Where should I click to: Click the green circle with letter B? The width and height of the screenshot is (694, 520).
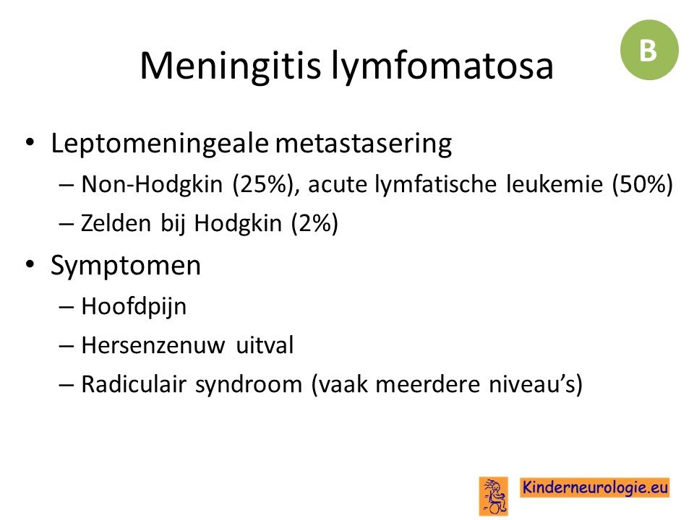click(649, 50)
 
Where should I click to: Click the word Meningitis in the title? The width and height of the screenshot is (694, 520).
click(230, 66)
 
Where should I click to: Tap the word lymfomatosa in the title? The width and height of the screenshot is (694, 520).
click(442, 66)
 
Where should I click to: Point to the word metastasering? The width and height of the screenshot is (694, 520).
click(364, 144)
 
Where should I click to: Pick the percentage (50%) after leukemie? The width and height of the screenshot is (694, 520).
click(642, 184)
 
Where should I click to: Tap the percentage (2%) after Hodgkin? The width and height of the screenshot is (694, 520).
click(314, 223)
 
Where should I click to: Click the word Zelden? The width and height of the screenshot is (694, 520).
click(116, 223)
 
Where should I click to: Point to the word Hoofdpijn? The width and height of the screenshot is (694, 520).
click(134, 307)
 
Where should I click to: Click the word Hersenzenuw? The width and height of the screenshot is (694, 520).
click(153, 345)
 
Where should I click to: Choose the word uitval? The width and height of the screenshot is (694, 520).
click(265, 345)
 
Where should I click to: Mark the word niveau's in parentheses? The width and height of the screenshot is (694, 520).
click(535, 383)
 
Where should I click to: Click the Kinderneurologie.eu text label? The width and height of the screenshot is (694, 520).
click(595, 487)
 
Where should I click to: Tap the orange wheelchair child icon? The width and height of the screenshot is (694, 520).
click(494, 495)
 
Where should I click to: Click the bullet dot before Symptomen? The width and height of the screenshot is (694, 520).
click(30, 265)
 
